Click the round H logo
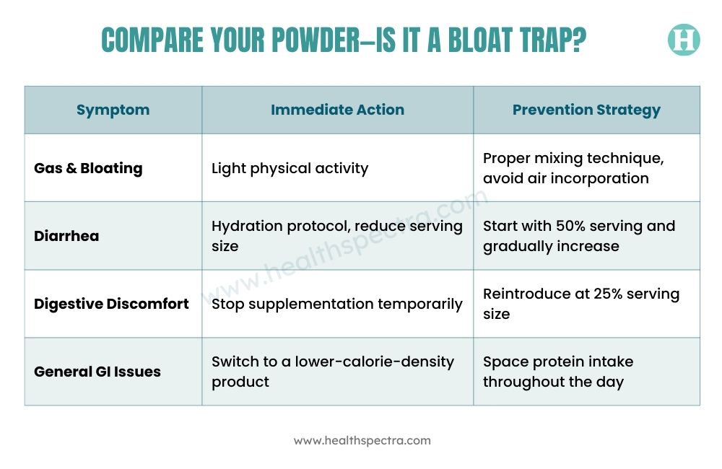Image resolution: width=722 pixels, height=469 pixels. pos(684,40)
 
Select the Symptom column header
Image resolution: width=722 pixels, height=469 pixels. pos(113,110)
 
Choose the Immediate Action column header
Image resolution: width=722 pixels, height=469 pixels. pos(337,110)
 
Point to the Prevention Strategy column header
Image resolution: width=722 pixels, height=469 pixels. pos(586,110)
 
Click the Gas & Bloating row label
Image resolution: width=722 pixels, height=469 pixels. pos(88,168)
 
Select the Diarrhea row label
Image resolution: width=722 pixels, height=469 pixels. pos(66,236)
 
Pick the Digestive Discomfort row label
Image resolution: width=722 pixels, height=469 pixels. pos(111,304)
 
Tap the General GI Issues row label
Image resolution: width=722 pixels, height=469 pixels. pos(97,372)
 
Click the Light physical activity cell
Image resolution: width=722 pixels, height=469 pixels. pos(290,168)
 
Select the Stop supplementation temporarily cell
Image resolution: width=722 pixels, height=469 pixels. pos(336,304)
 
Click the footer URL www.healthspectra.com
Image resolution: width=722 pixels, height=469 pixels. pos(362,440)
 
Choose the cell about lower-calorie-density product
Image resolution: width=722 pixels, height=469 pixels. pos(332,372)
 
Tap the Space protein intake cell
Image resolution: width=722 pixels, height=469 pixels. pos(558,372)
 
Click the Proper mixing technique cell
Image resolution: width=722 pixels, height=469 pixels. pos(573,168)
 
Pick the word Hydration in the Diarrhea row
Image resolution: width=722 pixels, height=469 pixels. pos(246,226)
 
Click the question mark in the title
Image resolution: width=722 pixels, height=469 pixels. pos(580,40)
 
